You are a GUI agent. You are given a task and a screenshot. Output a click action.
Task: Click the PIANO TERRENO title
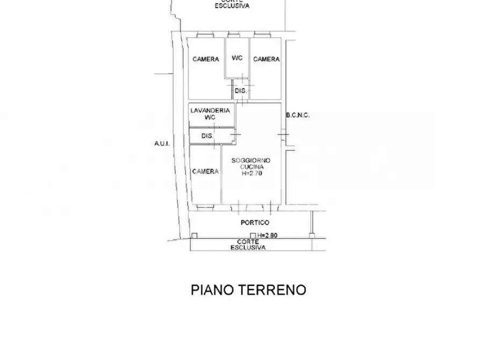(x=248, y=290)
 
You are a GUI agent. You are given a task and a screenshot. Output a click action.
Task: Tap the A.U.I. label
(x=161, y=143)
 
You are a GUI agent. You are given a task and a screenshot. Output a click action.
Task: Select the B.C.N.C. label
(x=298, y=115)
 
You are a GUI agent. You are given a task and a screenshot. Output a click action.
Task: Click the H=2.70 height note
(x=251, y=174)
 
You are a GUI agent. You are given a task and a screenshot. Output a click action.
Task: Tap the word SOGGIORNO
(x=251, y=161)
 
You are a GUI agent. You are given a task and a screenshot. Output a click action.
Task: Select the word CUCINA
(x=251, y=168)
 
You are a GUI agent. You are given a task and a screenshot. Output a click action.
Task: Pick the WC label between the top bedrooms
(x=237, y=58)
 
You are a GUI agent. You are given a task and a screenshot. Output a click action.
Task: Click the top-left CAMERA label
(x=206, y=59)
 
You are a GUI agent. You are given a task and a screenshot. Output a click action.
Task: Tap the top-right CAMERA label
(x=266, y=59)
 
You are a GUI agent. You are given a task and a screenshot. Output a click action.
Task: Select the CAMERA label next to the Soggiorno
(x=205, y=171)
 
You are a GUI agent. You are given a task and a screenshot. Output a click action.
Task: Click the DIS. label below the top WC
(x=240, y=91)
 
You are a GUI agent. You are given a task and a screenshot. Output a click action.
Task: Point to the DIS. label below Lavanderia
(x=207, y=136)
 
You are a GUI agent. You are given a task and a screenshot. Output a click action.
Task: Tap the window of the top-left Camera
(x=205, y=36)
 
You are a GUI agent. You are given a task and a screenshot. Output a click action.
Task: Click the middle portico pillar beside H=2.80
(x=253, y=235)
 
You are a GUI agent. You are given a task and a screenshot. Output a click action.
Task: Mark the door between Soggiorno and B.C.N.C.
(x=283, y=135)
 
